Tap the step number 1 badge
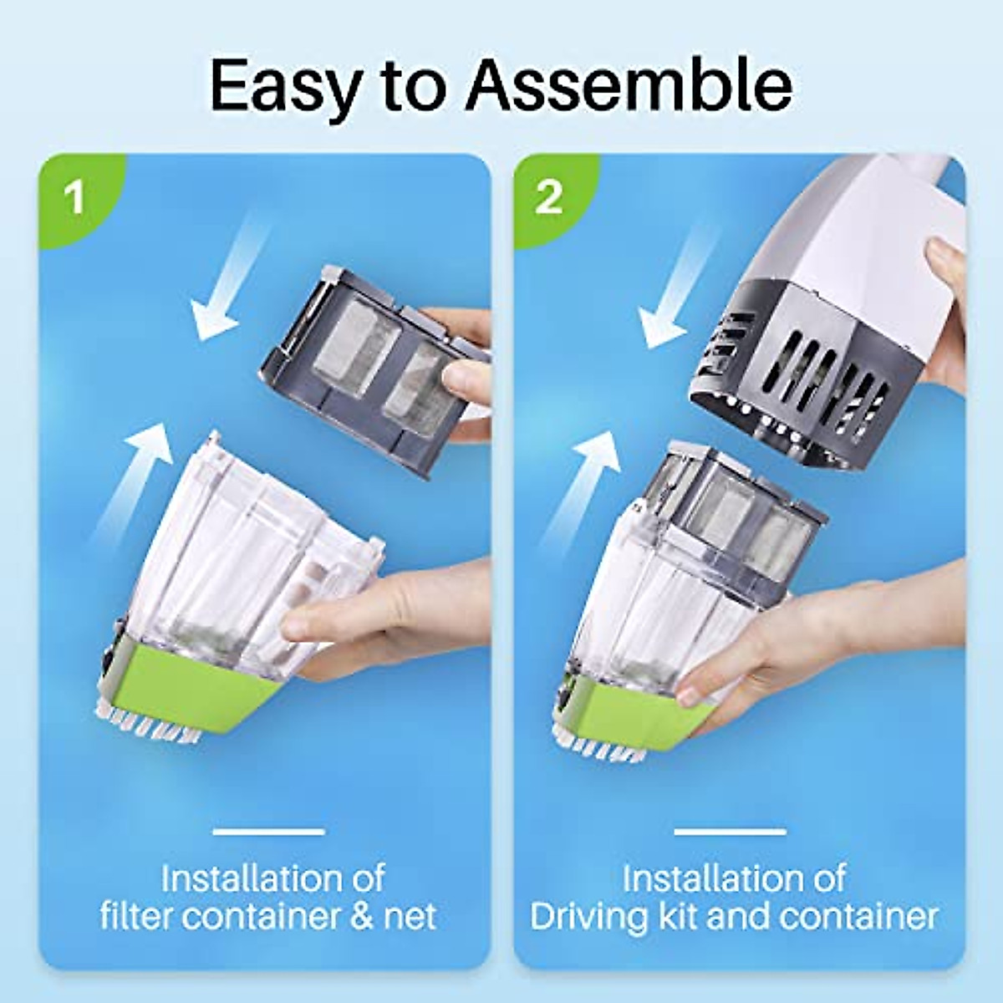75,198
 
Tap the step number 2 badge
548,198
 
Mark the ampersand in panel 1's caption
360,916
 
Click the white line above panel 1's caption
268,832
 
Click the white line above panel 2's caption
730,832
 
